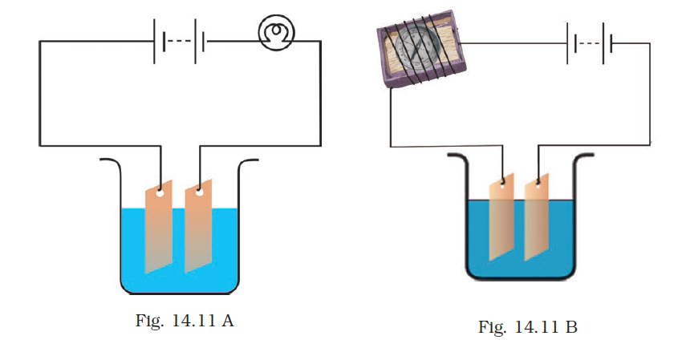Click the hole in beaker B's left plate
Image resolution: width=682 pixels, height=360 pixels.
[504, 180]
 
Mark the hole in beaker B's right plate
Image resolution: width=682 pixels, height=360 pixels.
[538, 180]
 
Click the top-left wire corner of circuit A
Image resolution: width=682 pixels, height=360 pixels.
[39, 41]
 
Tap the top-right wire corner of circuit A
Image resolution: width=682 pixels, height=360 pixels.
[321, 41]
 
